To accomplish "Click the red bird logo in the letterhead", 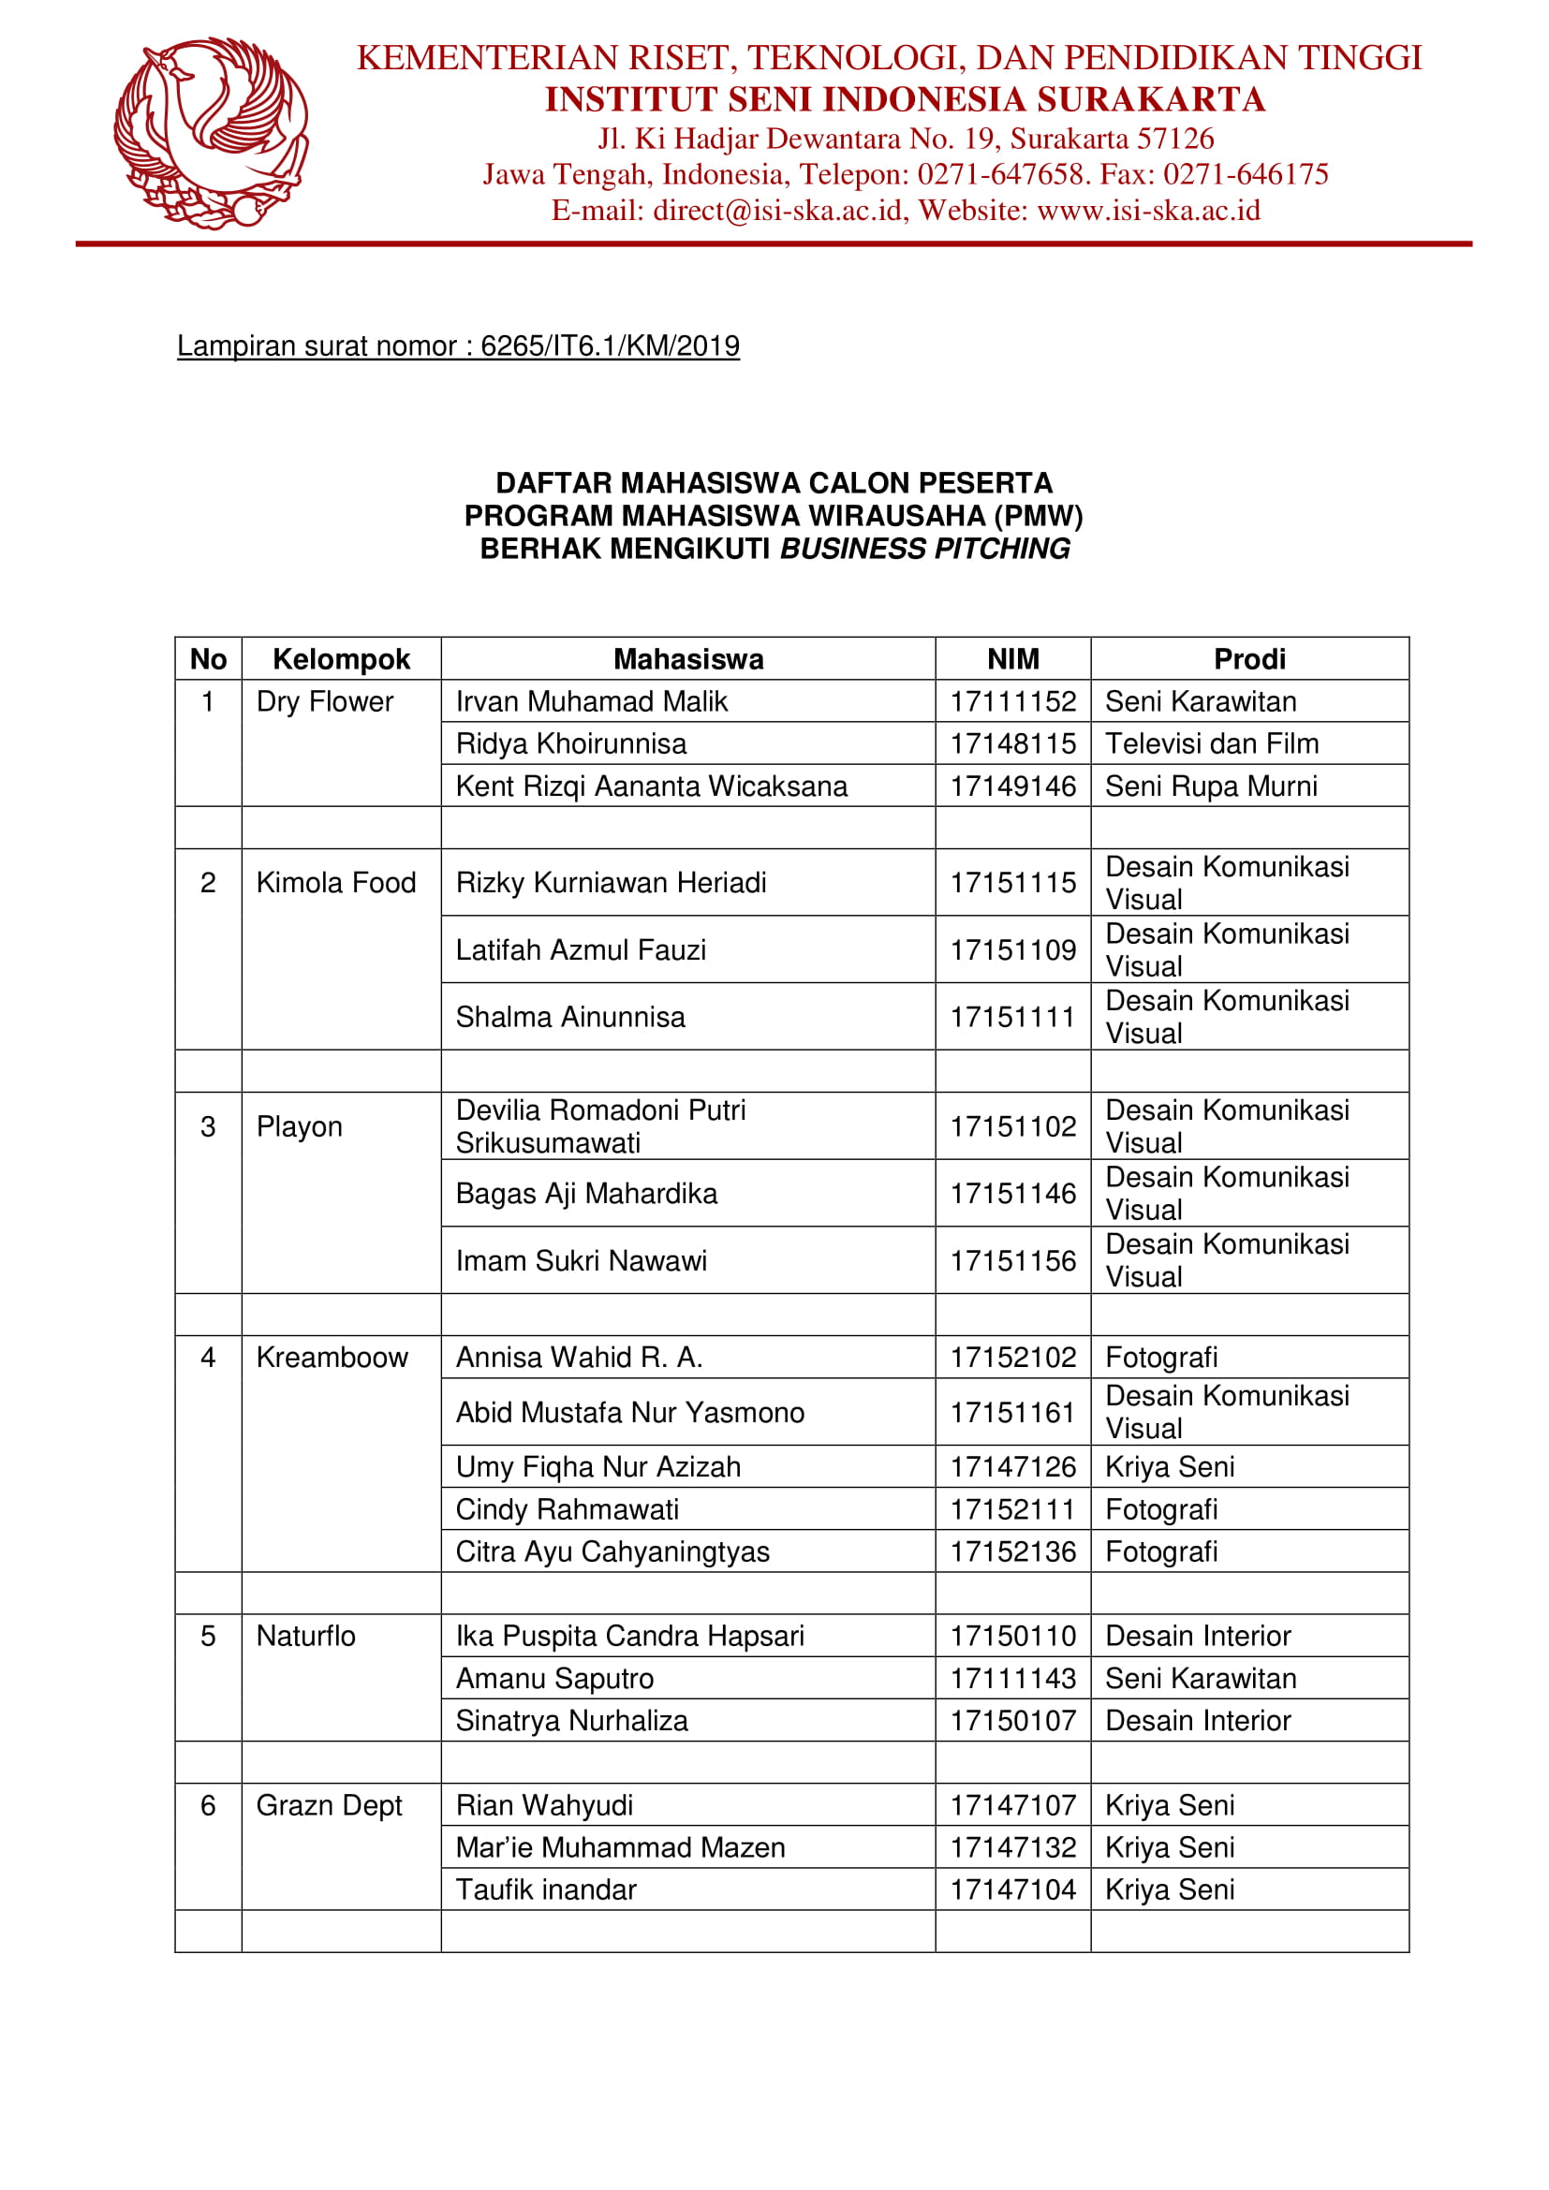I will click(x=211, y=133).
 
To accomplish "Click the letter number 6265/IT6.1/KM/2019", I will click(x=610, y=345).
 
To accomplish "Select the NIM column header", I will click(x=1012, y=659).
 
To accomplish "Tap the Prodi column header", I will click(x=1248, y=659).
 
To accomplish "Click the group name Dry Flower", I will click(x=324, y=702).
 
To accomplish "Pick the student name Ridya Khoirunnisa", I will click(x=570, y=744).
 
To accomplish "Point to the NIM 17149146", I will click(x=1012, y=786).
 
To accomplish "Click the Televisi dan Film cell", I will click(x=1211, y=744).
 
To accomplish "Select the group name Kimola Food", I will click(x=336, y=883).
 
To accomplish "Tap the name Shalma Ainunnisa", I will click(x=570, y=1017).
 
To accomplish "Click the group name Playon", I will click(x=299, y=1126).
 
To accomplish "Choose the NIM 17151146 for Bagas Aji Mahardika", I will click(x=1012, y=1193).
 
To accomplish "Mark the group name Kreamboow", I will click(x=332, y=1358).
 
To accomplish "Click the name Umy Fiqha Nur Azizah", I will click(x=598, y=1467).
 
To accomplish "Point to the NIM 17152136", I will click(x=1012, y=1551).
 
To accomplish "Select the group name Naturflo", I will click(x=305, y=1637).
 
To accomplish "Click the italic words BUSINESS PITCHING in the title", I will click(x=924, y=550).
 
